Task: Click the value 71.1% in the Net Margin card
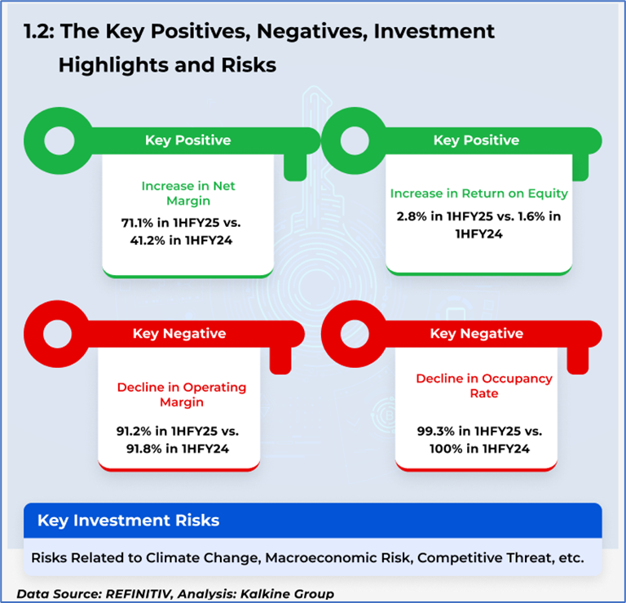point(137,223)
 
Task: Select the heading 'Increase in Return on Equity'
point(478,193)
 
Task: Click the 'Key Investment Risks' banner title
point(129,521)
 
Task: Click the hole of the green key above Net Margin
point(60,140)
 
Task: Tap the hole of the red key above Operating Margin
point(58,334)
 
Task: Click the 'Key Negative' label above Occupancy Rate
point(477,334)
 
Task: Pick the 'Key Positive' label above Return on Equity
point(476,140)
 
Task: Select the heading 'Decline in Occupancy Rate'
point(484,386)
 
